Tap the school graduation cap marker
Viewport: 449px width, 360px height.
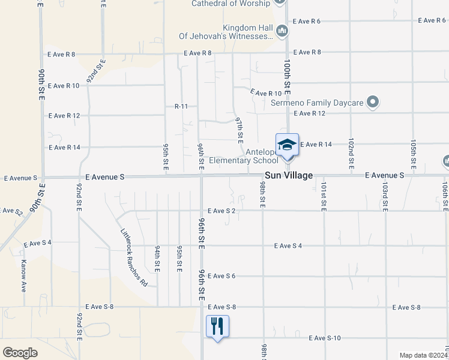pos(287,145)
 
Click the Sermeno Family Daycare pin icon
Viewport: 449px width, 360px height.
pos(373,102)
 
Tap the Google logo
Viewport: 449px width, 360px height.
pos(20,353)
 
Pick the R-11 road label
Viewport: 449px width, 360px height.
pos(181,106)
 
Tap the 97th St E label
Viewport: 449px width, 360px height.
pos(239,129)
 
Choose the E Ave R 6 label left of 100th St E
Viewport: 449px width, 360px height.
pos(306,21)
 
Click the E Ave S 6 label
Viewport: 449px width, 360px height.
pos(221,276)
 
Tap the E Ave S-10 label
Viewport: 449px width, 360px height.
pos(325,338)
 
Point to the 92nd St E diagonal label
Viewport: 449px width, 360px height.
pos(95,71)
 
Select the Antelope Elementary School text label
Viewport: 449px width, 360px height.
pos(244,155)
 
